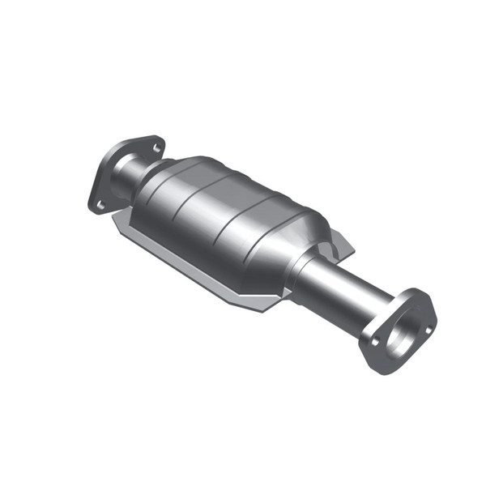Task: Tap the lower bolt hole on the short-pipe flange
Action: (100, 204)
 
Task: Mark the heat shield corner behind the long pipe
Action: (348, 244)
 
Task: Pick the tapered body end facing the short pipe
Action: (158, 182)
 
